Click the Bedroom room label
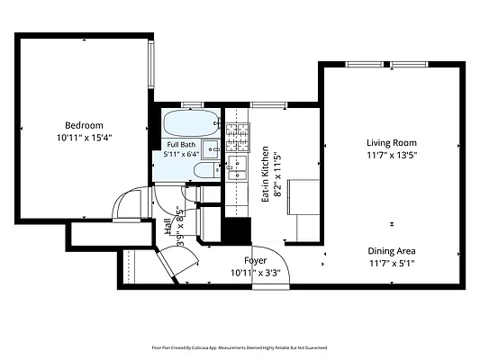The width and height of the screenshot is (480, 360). point(84,125)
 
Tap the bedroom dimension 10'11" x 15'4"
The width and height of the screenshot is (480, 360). point(84,138)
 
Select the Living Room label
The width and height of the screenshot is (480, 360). point(392,143)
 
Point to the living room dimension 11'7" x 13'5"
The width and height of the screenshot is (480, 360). point(392,156)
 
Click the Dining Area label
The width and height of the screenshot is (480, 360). point(392,251)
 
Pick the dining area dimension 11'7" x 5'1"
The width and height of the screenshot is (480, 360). point(392,264)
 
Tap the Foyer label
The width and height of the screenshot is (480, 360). point(255,261)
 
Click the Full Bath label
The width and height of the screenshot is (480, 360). point(181,145)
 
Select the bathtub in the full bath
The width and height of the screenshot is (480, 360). point(191,123)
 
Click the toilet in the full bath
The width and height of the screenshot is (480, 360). point(207,170)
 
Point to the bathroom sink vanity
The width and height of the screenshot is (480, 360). point(211,149)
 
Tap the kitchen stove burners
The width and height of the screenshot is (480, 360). point(238,138)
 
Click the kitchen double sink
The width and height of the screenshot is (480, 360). point(238,167)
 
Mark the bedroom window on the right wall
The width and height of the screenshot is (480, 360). point(151,65)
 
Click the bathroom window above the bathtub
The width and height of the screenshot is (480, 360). point(192,105)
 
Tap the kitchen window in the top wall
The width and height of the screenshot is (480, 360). point(268,105)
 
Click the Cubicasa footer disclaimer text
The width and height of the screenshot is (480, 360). point(240,347)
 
